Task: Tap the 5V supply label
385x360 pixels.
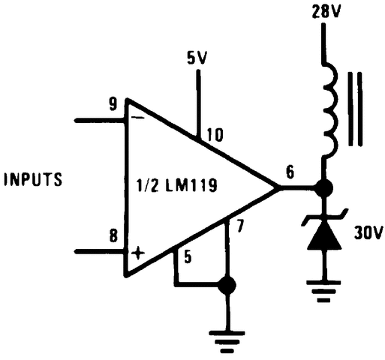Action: tap(197, 58)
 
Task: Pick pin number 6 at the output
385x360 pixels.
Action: tap(290, 172)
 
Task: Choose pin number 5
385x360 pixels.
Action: tap(188, 255)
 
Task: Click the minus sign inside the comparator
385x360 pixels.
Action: tap(137, 118)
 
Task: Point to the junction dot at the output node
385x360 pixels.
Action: tap(324, 188)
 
